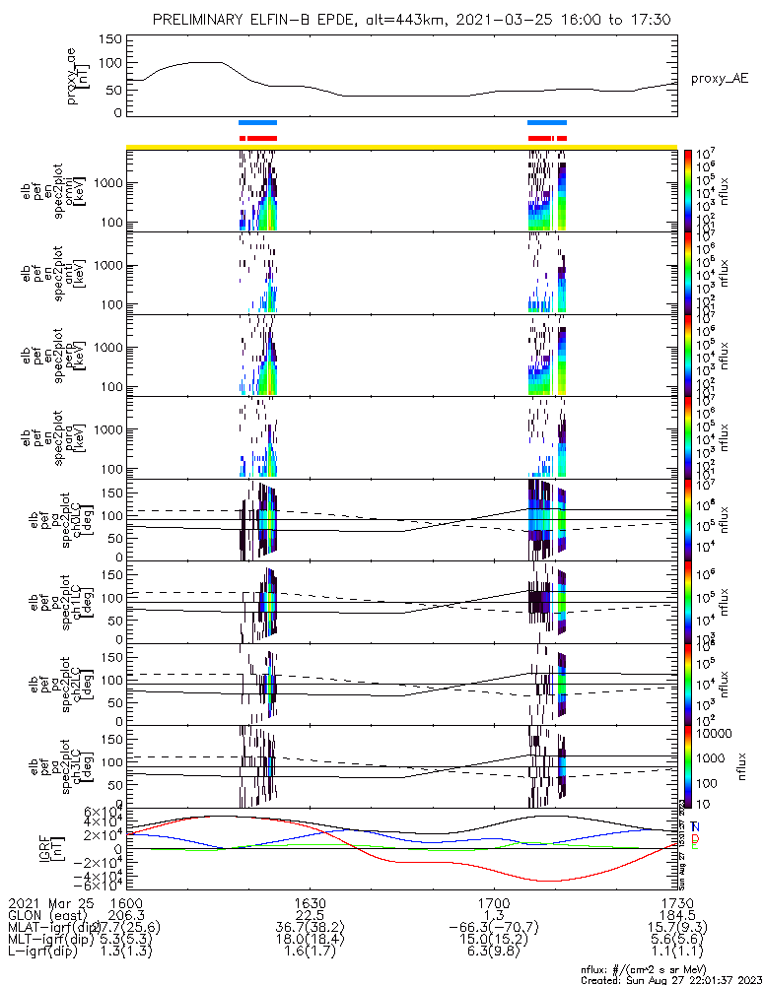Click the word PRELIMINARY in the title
click(x=200, y=20)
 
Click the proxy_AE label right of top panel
click(x=719, y=78)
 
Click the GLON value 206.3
click(x=126, y=916)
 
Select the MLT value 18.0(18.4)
click(x=311, y=942)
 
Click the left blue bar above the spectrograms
click(x=258, y=122)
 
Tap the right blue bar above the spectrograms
click(x=547, y=122)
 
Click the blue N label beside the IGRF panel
click(x=695, y=826)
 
